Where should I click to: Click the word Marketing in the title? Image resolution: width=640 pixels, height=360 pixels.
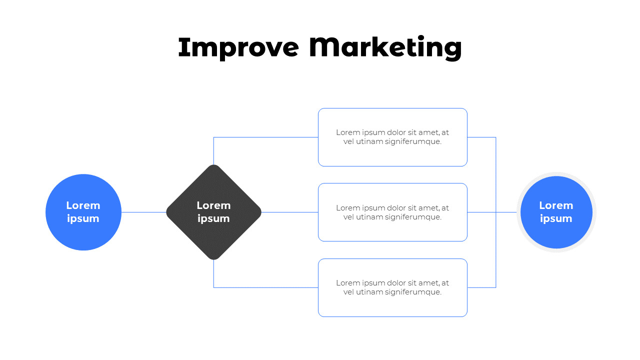pos(385,48)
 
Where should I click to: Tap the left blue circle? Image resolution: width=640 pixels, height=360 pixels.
pos(83,235)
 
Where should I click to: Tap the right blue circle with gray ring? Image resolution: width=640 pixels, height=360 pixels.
pos(556,235)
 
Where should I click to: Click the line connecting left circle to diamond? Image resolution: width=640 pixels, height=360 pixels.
pos(144,212)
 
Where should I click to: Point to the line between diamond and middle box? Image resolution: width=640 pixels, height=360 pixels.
pos(290,212)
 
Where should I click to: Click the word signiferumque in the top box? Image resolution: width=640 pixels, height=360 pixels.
pos(416,141)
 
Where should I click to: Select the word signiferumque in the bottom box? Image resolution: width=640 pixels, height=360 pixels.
pos(416,292)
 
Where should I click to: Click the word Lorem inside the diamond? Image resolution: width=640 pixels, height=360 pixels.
pos(213,205)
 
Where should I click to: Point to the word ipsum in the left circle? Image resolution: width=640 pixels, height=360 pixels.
pos(83,218)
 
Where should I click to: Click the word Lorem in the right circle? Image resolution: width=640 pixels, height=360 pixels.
pos(556,205)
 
